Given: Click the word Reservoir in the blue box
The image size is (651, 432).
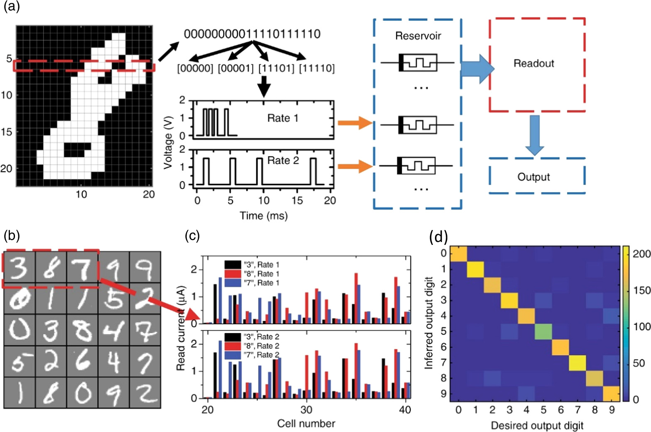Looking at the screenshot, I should [x=418, y=36].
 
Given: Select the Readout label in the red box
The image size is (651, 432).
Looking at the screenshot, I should [x=534, y=64].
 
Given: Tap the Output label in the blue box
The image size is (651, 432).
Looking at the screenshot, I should [x=533, y=177].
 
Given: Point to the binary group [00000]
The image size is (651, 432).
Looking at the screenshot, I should [x=195, y=68].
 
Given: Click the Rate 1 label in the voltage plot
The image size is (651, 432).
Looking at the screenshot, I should [x=283, y=118].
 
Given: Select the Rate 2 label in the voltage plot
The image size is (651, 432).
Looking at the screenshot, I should [x=283, y=160].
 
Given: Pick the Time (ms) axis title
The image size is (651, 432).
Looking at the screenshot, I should [x=263, y=216].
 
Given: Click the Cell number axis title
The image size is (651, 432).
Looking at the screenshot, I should [x=306, y=424].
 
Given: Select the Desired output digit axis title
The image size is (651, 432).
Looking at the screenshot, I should [x=537, y=426].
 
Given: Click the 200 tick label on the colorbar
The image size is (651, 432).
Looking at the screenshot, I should [x=641, y=254].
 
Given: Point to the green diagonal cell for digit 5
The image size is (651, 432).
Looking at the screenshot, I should [x=543, y=331].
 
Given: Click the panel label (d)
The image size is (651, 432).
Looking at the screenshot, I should [x=439, y=237].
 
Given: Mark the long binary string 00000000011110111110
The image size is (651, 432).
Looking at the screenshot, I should [x=252, y=34].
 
